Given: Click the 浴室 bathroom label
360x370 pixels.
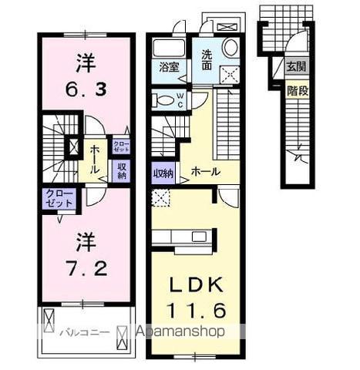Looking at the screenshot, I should coord(169,67).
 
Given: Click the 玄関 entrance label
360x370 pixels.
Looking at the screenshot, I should coord(295,67).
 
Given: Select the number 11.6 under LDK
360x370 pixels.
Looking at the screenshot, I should coord(196,311).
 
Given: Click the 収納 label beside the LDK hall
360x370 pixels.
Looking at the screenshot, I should coord(162,173).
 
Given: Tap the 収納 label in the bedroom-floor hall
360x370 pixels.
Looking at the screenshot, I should coord(121,170).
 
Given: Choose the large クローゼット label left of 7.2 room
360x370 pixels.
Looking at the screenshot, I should coord(58,197).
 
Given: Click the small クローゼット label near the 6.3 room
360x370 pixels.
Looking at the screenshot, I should coord(121,146).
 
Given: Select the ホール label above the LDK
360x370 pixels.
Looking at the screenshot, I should coord(204,170).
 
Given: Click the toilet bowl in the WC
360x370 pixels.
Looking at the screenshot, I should coord(163,99).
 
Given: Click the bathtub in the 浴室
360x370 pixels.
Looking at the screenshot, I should coord(167,47).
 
